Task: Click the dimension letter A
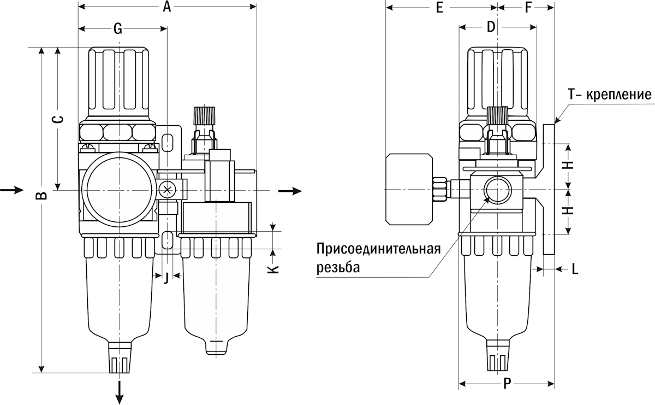point(168,7)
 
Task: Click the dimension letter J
point(166,277)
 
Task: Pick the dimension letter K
point(275,267)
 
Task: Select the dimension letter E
point(440,7)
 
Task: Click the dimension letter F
point(528,7)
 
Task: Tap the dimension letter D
point(490,27)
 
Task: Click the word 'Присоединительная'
point(379,250)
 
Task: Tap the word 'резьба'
point(338,268)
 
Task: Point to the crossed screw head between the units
point(168,190)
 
